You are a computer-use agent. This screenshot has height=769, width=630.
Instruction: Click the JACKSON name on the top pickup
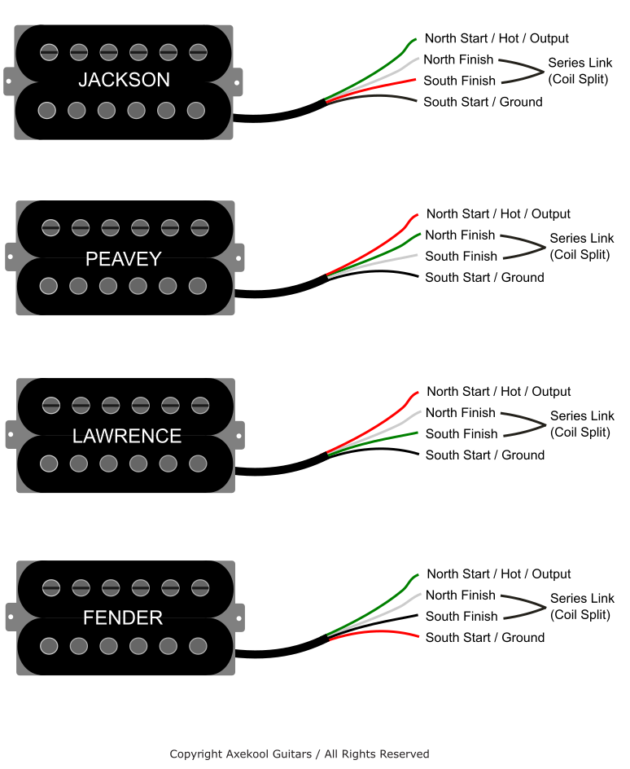point(124,80)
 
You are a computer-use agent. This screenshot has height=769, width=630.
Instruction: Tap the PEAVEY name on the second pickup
point(124,259)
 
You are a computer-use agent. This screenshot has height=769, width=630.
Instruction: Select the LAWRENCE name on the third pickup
point(126,436)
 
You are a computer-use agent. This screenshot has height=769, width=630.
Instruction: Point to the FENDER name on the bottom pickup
point(123,618)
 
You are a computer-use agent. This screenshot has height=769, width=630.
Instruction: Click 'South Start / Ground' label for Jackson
point(483,102)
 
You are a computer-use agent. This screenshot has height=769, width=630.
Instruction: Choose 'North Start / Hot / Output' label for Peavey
point(498,214)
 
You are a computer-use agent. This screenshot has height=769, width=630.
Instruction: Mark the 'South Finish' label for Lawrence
point(461,434)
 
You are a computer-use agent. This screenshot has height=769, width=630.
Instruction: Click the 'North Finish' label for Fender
point(460,595)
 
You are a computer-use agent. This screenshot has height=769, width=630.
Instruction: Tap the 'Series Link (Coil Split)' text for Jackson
point(579,71)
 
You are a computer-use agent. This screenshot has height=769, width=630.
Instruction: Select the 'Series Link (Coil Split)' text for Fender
point(580,607)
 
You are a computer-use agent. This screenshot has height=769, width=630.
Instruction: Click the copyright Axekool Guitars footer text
point(299,754)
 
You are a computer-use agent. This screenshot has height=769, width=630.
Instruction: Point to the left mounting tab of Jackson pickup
point(9,81)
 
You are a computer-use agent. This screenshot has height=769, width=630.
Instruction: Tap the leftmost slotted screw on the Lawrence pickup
point(50,404)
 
